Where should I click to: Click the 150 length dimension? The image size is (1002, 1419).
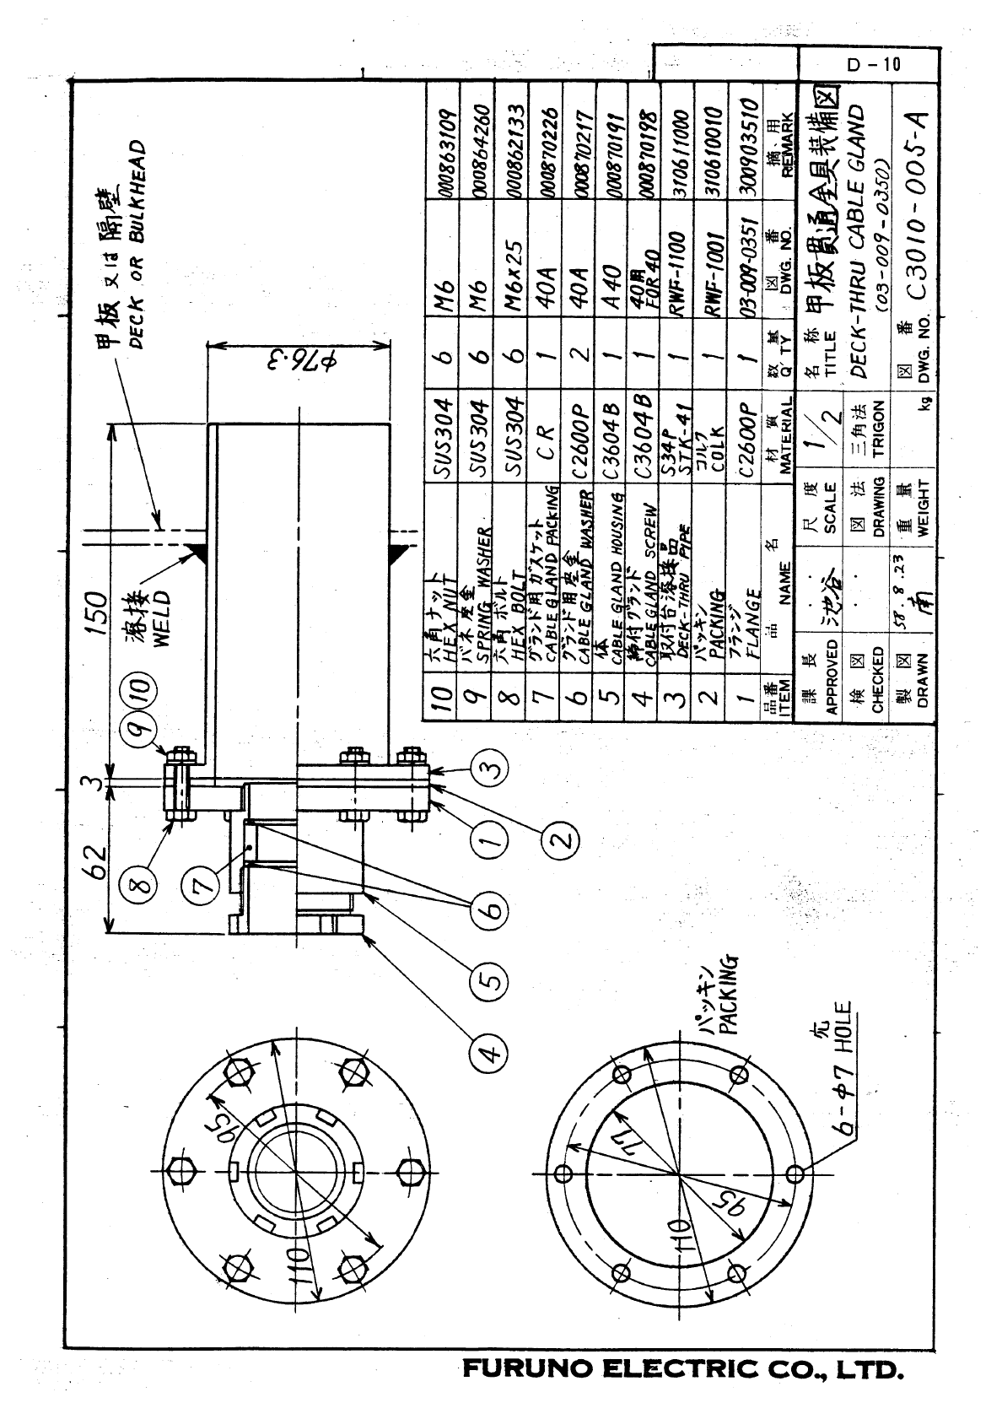tap(96, 607)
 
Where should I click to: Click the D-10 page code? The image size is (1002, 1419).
tap(874, 64)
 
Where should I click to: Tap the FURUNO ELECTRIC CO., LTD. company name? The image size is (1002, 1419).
tap(683, 1368)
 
